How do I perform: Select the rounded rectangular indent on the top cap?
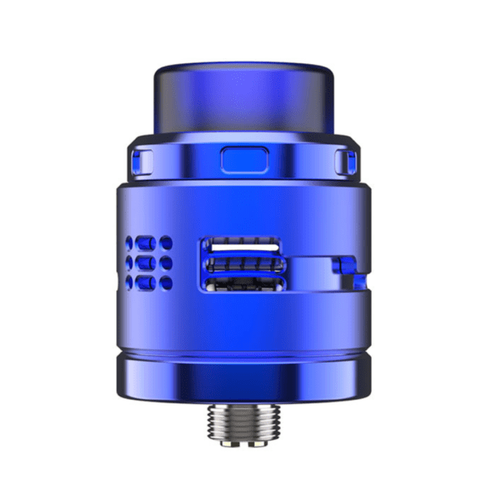click(243, 159)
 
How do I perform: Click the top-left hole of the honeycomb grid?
click(132, 243)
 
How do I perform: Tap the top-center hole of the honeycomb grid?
click(149, 243)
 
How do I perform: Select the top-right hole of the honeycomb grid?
click(166, 243)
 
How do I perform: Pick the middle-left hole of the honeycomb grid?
click(132, 262)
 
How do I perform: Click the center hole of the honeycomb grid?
click(149, 262)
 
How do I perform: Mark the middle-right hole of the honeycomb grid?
click(166, 262)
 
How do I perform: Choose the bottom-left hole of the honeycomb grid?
click(132, 282)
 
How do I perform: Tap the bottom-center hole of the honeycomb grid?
click(149, 282)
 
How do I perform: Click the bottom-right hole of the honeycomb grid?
click(166, 282)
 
